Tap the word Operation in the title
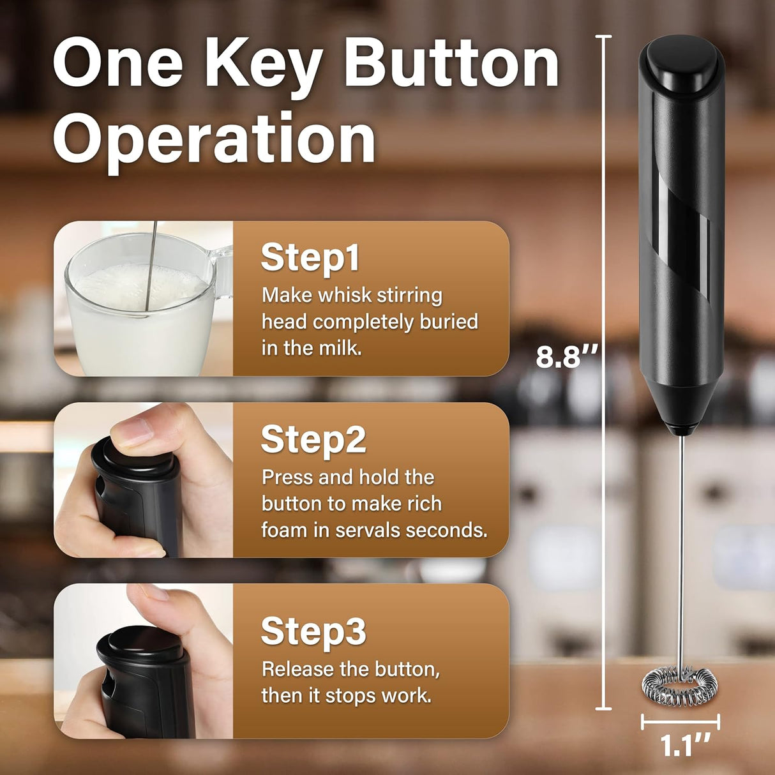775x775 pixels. click(214, 139)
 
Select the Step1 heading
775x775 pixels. click(310, 257)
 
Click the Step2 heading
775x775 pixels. click(313, 439)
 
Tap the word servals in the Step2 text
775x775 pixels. click(368, 530)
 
